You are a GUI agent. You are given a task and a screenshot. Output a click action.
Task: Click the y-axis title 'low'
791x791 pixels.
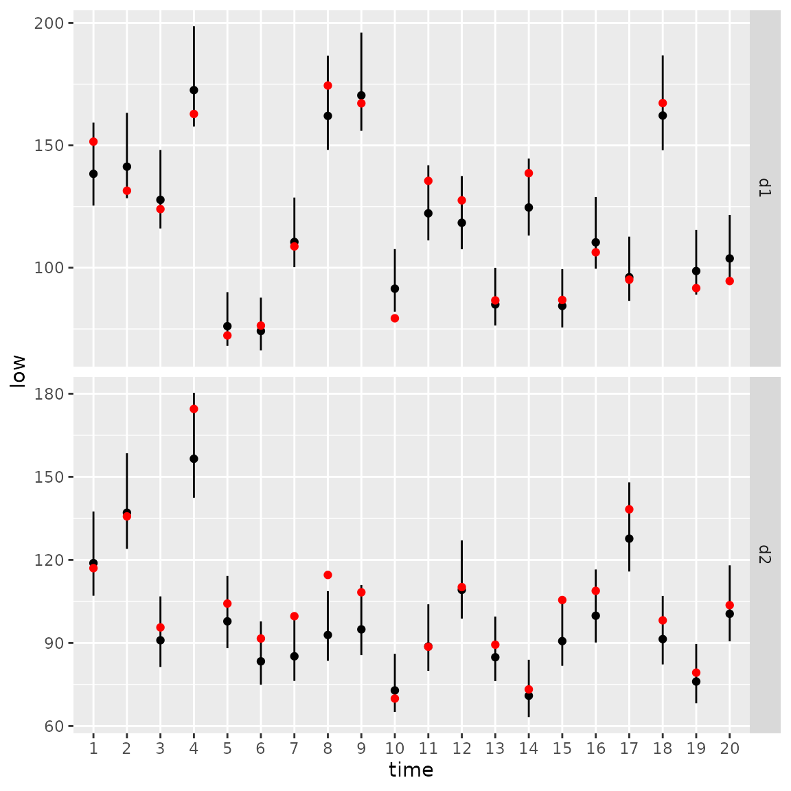(18, 371)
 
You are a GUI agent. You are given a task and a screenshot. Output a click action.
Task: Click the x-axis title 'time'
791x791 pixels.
(411, 770)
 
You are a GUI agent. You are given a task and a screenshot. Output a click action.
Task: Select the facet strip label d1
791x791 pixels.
(765, 187)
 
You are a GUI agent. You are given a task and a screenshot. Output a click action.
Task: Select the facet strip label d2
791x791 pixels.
(765, 554)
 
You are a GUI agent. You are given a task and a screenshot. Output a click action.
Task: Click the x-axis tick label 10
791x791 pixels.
(395, 748)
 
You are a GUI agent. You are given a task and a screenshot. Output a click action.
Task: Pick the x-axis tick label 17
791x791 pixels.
(629, 748)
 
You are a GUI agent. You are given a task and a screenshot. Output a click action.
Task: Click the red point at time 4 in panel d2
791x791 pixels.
(194, 409)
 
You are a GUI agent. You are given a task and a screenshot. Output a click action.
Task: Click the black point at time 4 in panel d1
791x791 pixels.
(194, 90)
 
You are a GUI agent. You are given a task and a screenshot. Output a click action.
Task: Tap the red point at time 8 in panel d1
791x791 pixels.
(328, 85)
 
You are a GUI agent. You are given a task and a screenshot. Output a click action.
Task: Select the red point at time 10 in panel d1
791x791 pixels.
(395, 318)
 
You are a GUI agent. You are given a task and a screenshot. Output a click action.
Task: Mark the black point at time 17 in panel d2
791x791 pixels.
(629, 538)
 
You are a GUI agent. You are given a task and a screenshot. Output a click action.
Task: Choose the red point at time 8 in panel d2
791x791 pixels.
(328, 575)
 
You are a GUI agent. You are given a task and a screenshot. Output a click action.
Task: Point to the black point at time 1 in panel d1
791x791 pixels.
(93, 174)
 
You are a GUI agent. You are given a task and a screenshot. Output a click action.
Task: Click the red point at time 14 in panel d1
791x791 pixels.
(529, 173)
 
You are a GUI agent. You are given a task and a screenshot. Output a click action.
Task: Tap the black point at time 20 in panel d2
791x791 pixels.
(729, 614)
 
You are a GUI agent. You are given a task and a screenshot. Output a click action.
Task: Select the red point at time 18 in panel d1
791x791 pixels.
(663, 103)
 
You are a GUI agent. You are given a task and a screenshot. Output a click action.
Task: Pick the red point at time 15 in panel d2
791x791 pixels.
(562, 599)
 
